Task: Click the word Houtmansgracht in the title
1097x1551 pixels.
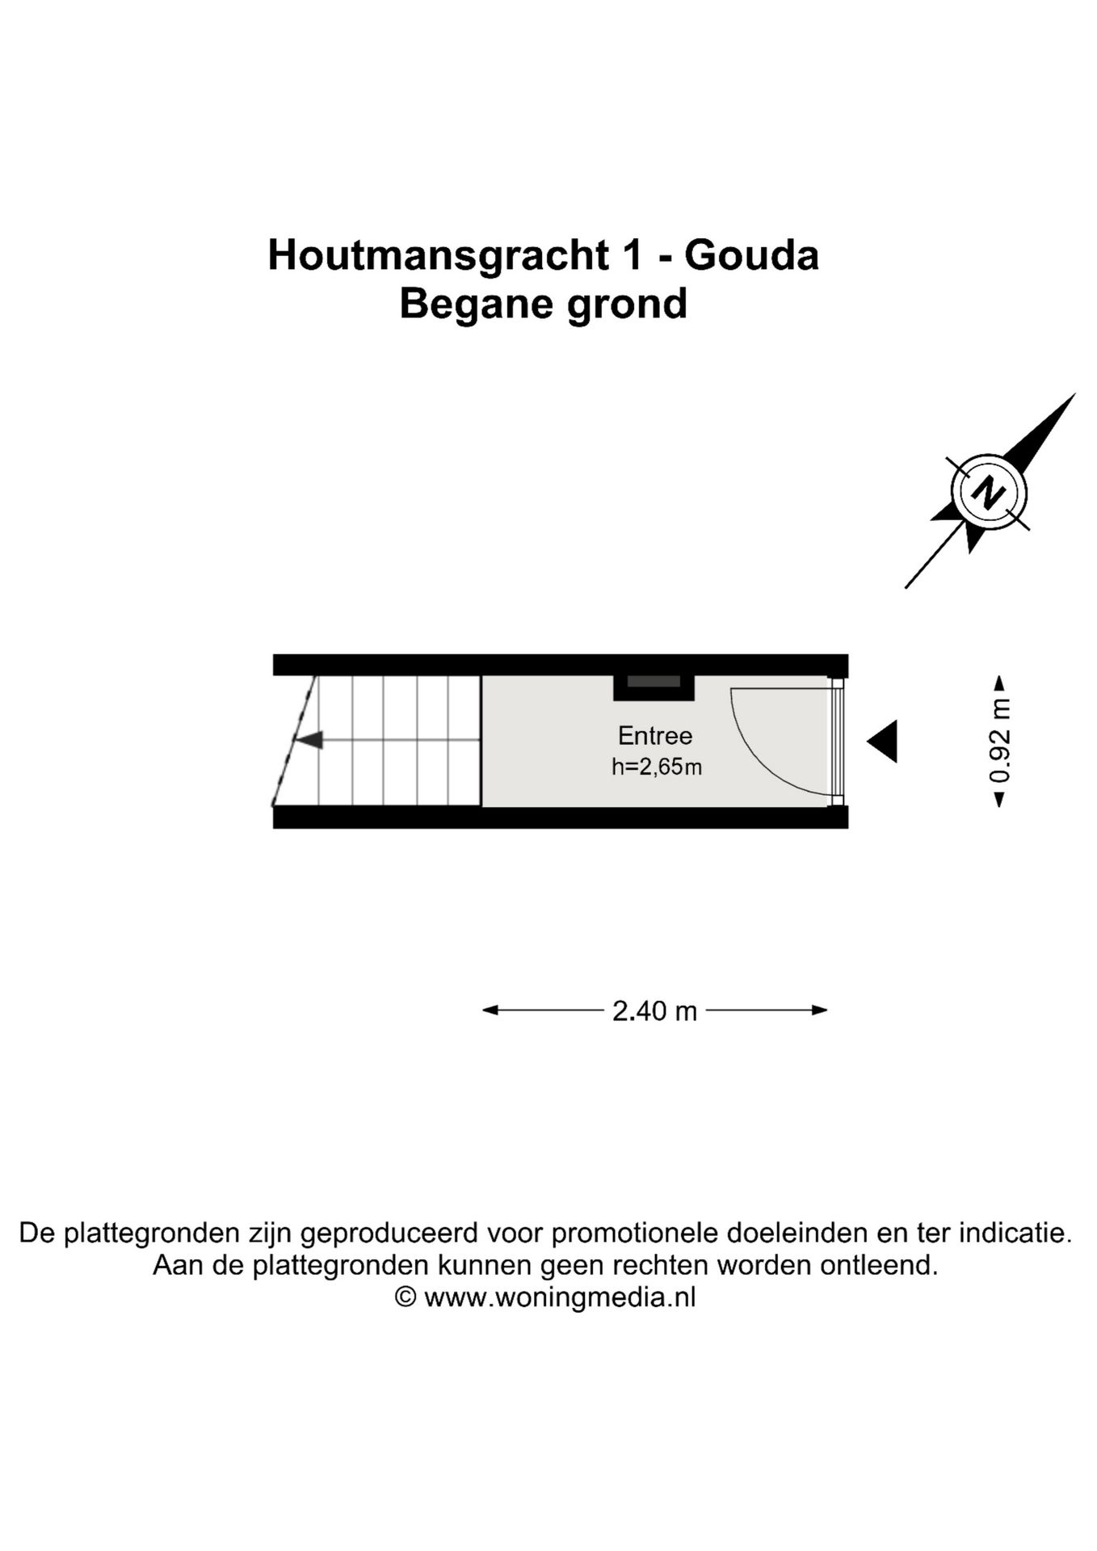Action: coord(438,255)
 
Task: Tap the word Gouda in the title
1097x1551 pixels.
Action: coord(751,255)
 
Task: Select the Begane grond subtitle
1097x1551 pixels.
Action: coord(543,305)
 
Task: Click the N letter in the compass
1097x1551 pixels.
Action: coord(988,492)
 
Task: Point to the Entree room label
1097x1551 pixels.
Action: coord(654,735)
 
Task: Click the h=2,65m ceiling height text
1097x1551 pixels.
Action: coord(656,767)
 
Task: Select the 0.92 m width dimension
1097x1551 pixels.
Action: coord(1000,741)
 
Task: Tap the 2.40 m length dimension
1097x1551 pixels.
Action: coord(654,1011)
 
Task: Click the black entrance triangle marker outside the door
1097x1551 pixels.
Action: coord(883,741)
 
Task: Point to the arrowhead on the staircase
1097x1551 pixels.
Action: coord(310,739)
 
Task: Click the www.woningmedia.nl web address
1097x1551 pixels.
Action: coord(559,1298)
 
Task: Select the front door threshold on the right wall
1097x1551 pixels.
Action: coord(839,741)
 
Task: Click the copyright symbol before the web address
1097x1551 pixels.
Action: coord(405,1298)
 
